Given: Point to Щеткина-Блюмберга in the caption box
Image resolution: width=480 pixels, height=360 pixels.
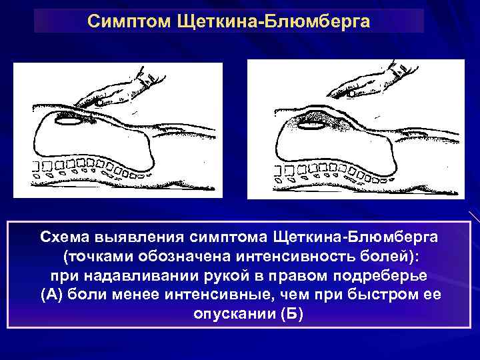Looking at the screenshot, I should (x=357, y=237).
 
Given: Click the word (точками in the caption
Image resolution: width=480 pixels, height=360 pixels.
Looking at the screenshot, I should (x=93, y=256).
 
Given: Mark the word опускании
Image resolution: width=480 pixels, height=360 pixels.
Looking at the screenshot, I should (x=230, y=314).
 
